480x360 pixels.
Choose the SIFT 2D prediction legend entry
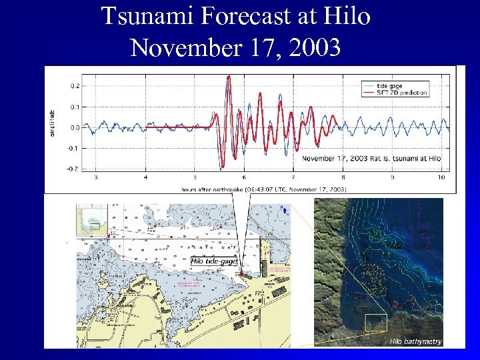[401, 92]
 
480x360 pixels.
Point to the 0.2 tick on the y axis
[75, 85]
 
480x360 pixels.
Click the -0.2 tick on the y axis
[73, 168]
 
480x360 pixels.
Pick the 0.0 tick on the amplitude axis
[75, 127]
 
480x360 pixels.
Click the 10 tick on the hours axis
[441, 178]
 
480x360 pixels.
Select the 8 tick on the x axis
[343, 178]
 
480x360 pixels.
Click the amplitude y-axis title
[52, 124]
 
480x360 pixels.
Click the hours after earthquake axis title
[263, 189]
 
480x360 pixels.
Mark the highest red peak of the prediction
[229, 77]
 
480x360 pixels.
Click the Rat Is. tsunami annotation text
[372, 159]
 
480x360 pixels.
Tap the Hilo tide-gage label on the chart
[214, 261]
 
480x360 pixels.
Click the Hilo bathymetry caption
[415, 341]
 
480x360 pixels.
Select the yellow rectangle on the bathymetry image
[375, 322]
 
